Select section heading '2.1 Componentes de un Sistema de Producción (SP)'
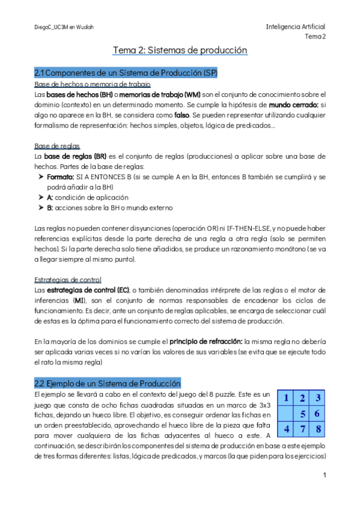point(126,73)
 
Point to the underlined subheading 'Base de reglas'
point(57,146)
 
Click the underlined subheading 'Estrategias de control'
point(68,280)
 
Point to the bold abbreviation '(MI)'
point(80,300)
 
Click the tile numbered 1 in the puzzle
point(287,398)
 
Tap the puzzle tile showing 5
point(303,413)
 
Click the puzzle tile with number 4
point(287,429)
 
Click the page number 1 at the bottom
point(324,475)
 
